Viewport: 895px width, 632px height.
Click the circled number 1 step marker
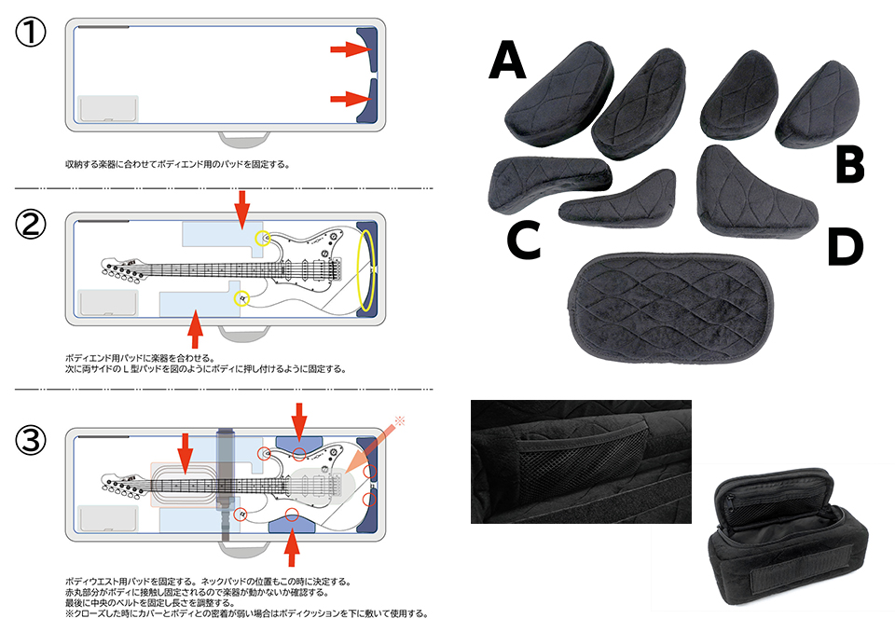32,34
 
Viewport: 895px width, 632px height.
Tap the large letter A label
507,62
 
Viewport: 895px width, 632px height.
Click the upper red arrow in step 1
350,49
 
